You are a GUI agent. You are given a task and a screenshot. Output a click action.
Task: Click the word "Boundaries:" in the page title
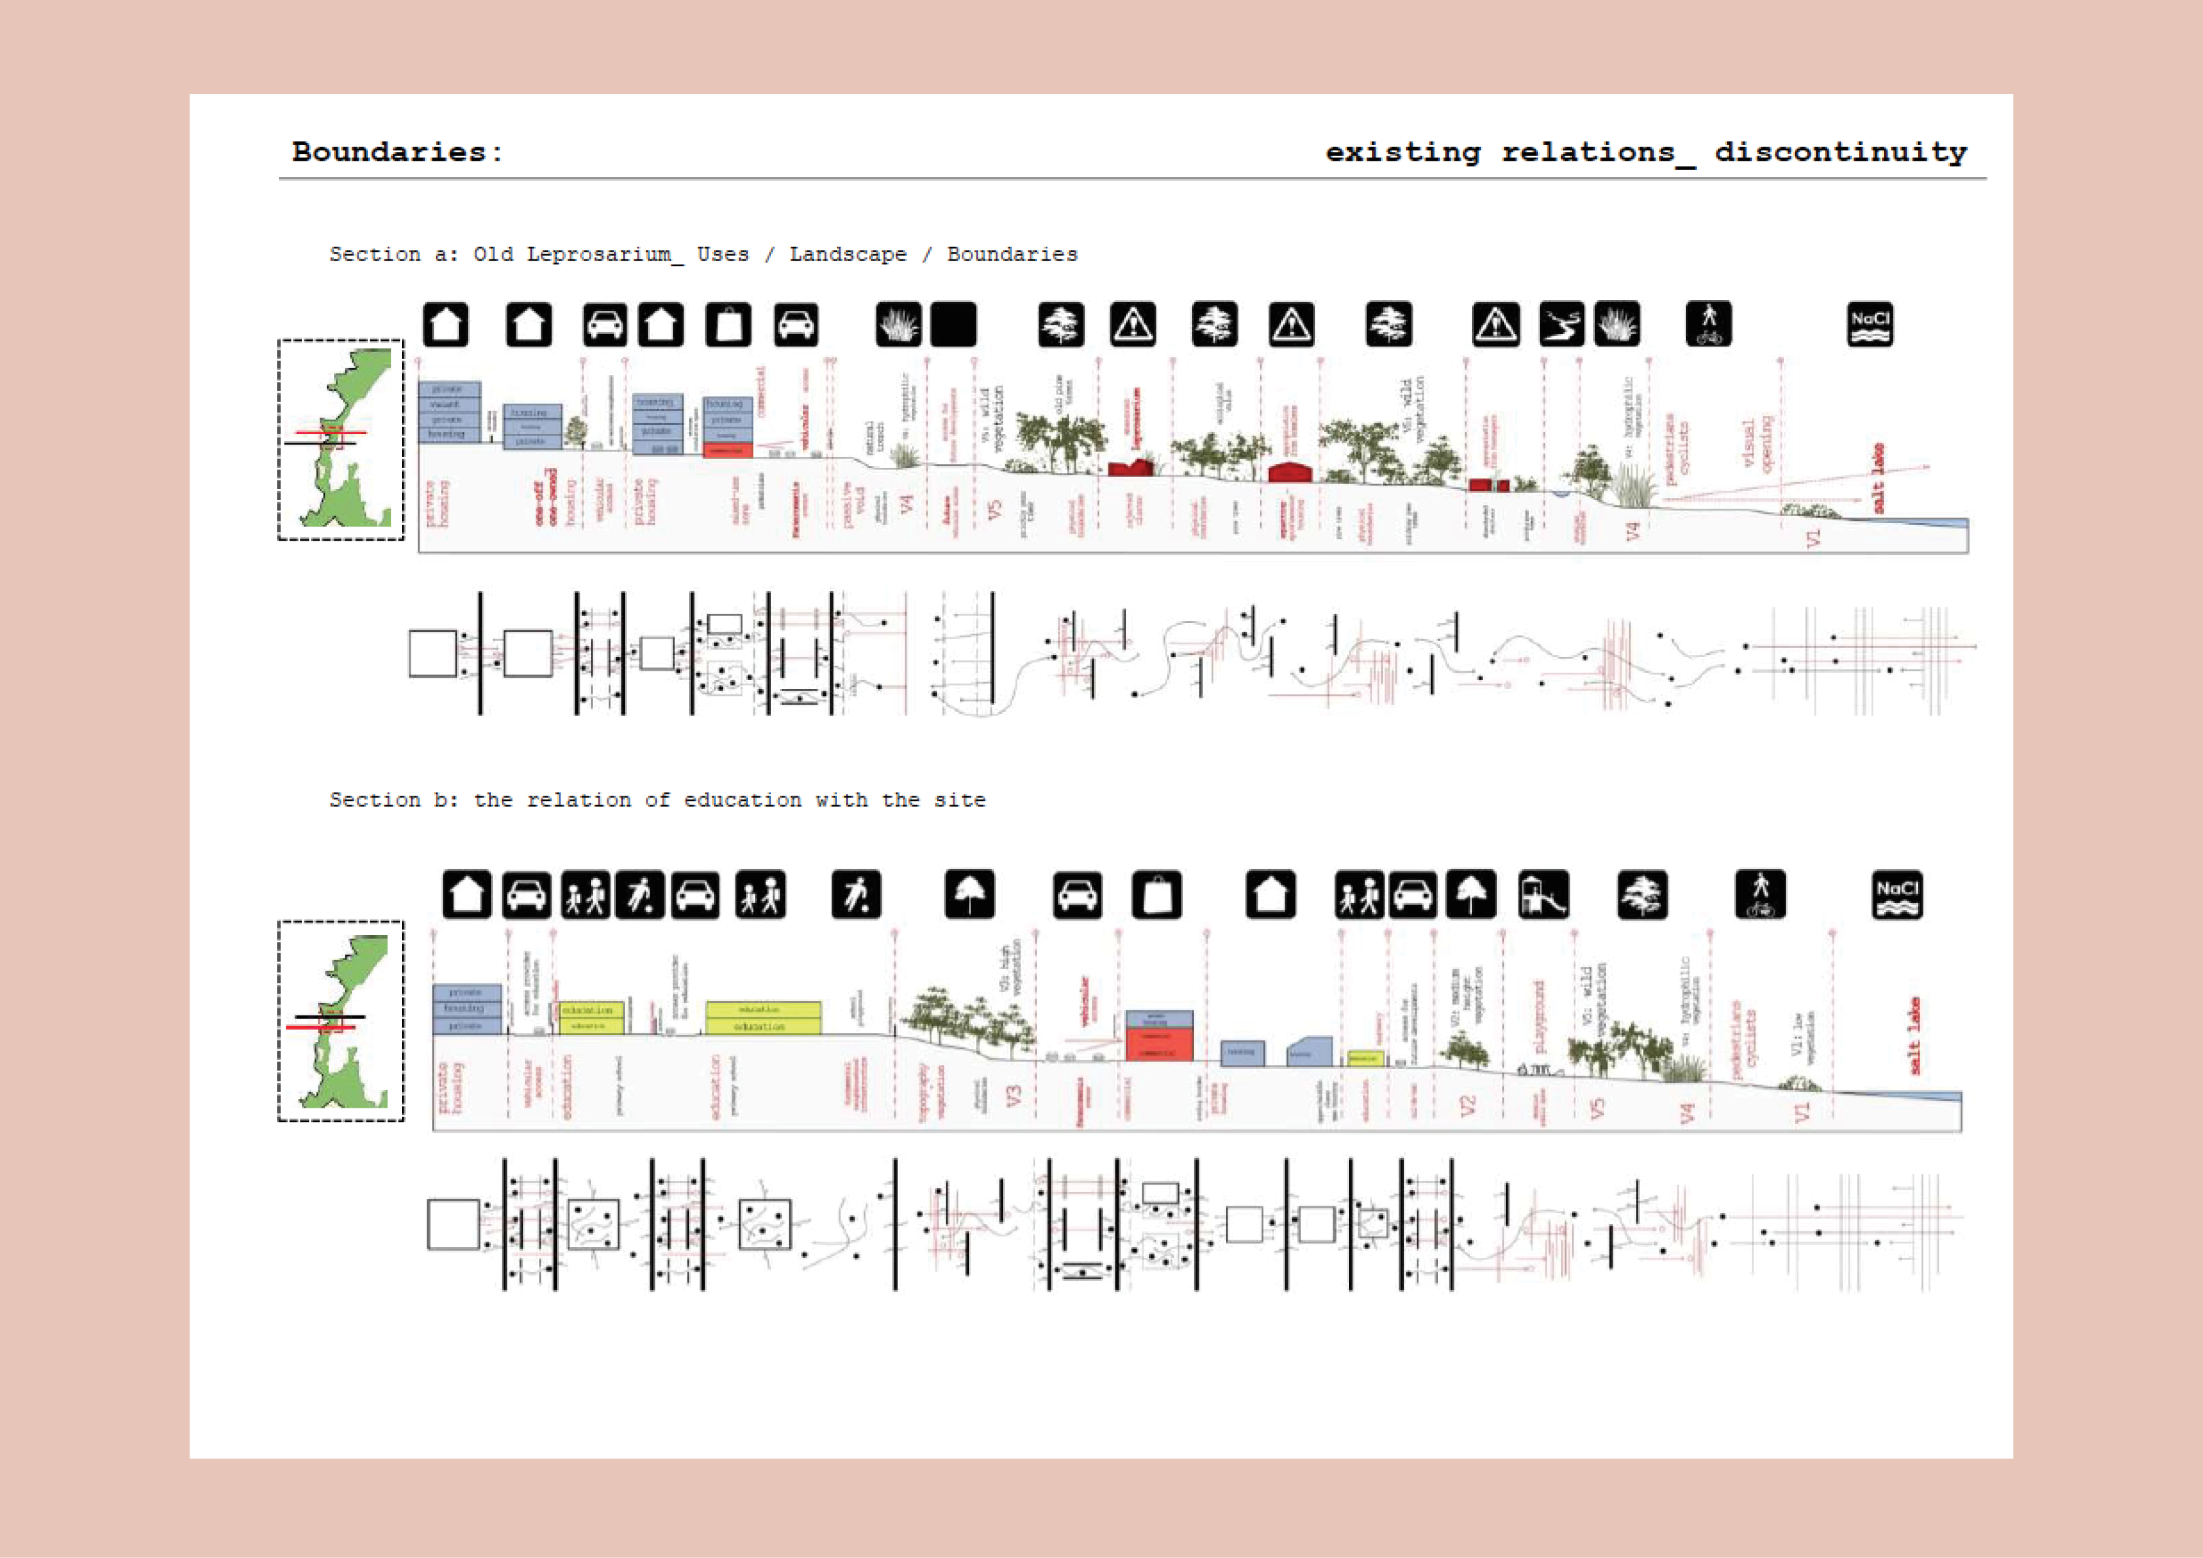click(396, 151)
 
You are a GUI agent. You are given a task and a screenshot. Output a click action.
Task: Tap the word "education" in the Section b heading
click(742, 800)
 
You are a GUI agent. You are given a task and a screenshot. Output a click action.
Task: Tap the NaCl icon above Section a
click(1869, 324)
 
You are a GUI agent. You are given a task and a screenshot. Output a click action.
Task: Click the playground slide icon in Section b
click(1543, 895)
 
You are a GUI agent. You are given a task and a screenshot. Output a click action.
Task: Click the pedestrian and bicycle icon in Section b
click(1760, 895)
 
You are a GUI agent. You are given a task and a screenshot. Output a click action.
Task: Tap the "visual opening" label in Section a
click(1756, 443)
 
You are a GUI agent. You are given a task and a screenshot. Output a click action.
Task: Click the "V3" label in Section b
click(1013, 1095)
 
